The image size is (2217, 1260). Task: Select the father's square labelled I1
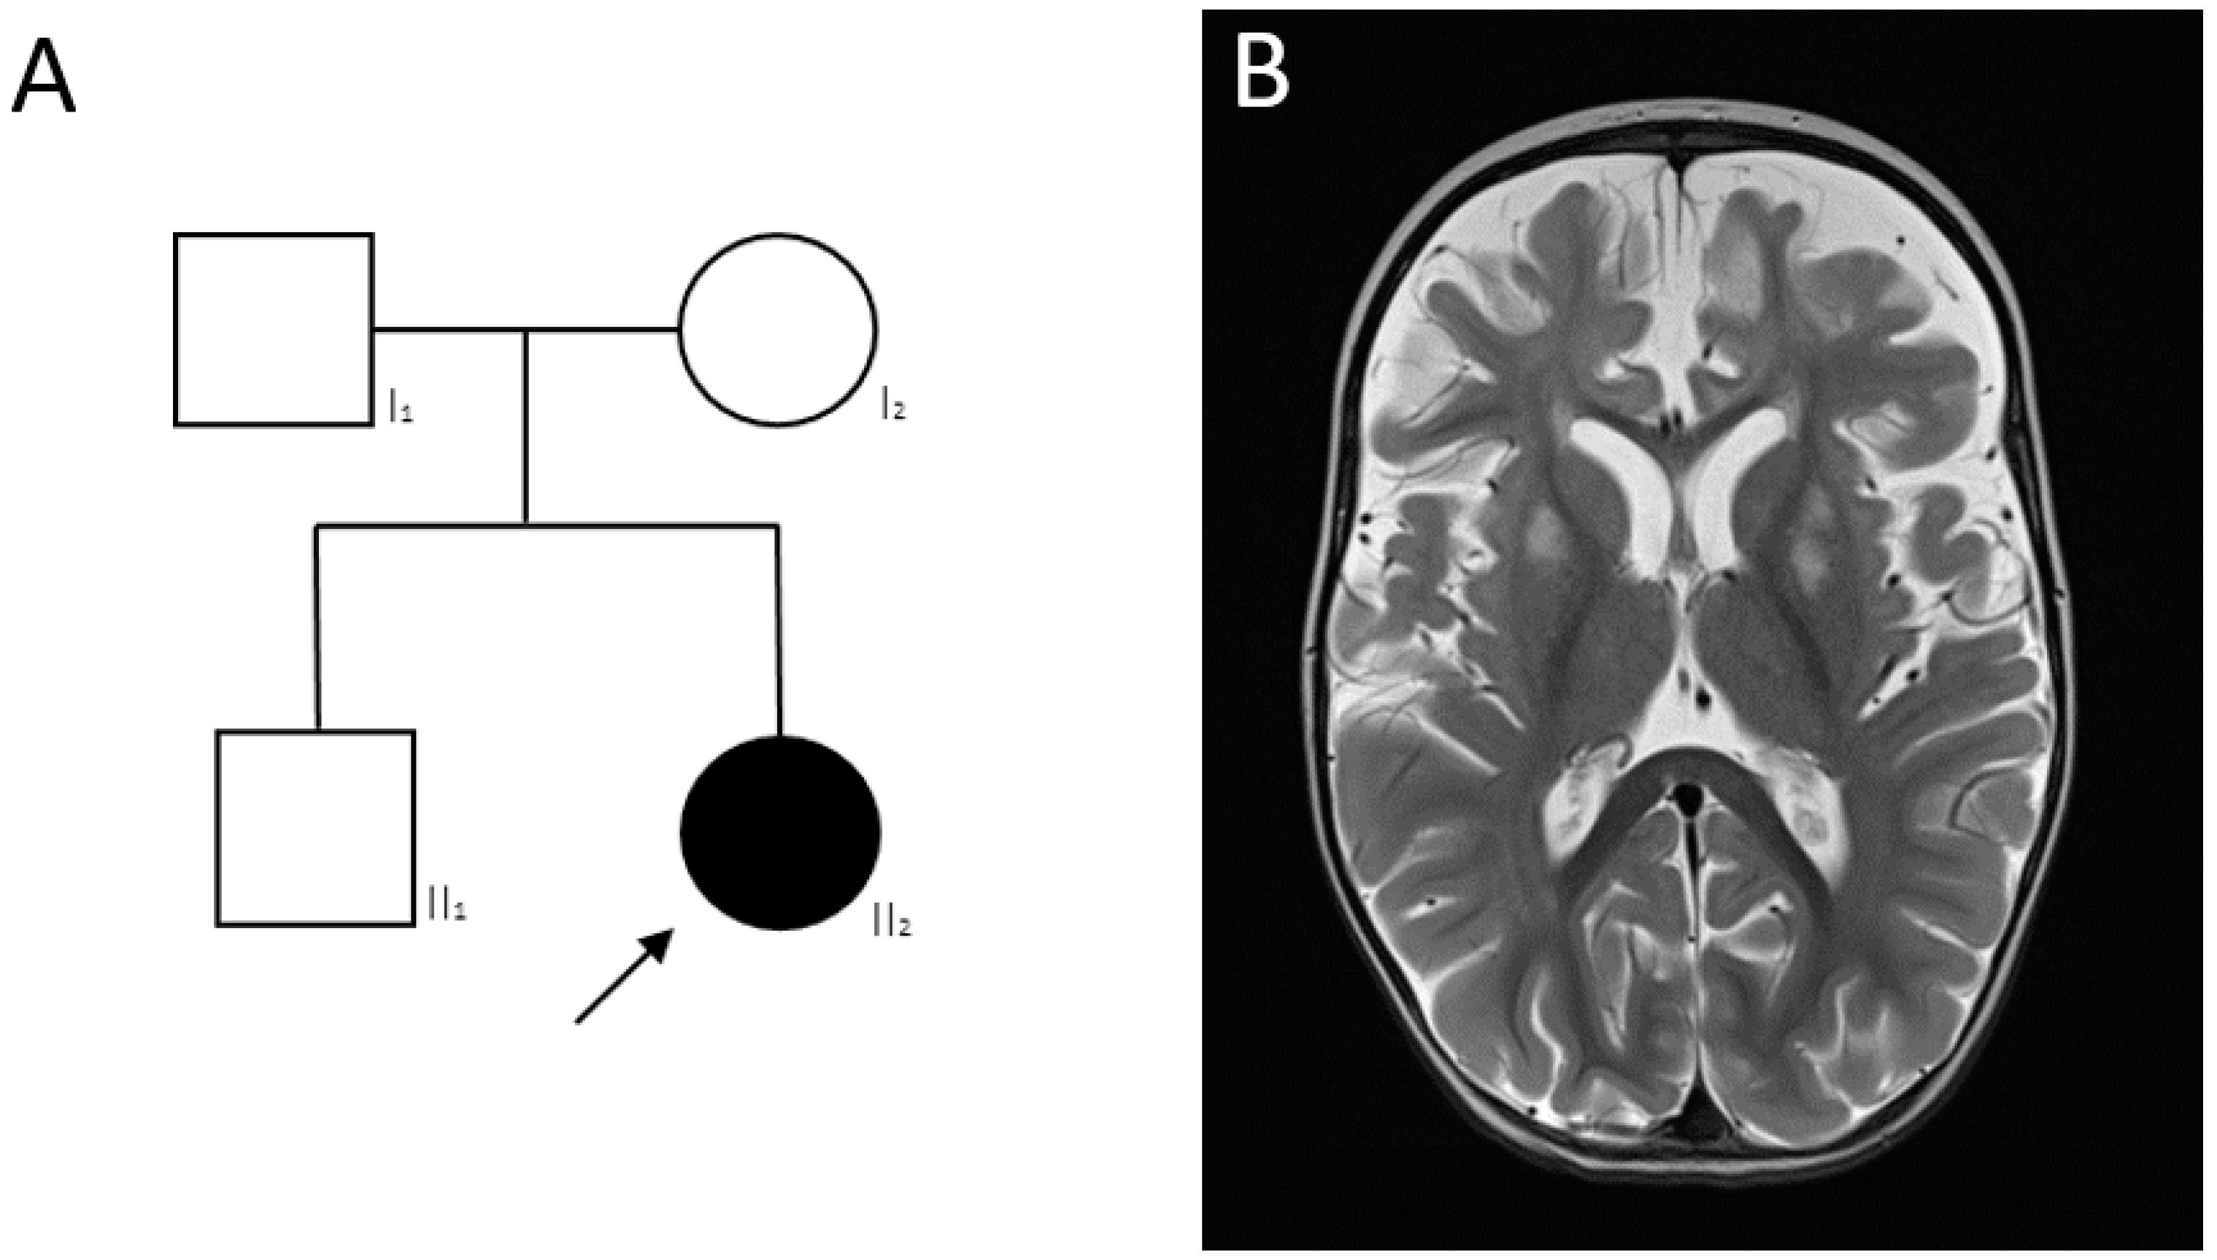pos(274,329)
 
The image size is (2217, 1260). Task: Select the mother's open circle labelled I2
pos(777,329)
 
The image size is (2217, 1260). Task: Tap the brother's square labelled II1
pos(315,828)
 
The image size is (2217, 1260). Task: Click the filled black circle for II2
pos(781,832)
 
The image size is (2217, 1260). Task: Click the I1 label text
pos(401,406)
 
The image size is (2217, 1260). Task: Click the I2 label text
pos(892,405)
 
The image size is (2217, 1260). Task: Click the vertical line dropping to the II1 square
pos(317,627)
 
